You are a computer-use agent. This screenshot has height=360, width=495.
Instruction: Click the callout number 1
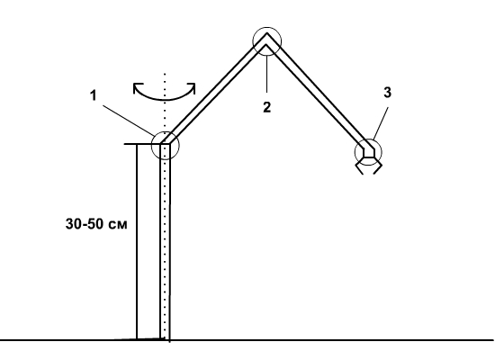tap(93, 95)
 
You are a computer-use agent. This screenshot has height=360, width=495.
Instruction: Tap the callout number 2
tap(266, 107)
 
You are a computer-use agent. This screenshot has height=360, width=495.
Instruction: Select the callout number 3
tap(387, 92)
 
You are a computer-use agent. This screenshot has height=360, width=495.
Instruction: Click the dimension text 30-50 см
tap(96, 224)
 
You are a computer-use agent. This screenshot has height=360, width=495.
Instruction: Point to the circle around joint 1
tap(151, 145)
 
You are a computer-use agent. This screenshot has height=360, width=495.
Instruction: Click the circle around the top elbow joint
tap(253, 41)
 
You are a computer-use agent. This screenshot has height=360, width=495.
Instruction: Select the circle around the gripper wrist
tap(355, 152)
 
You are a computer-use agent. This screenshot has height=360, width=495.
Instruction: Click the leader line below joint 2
tap(267, 74)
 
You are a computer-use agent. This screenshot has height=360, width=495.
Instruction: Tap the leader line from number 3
tap(380, 123)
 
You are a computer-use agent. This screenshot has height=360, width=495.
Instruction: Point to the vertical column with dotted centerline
tap(165, 241)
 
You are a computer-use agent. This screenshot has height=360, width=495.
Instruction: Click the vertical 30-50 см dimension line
tap(137, 241)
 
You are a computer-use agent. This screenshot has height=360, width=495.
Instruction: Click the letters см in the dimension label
tap(119, 225)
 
